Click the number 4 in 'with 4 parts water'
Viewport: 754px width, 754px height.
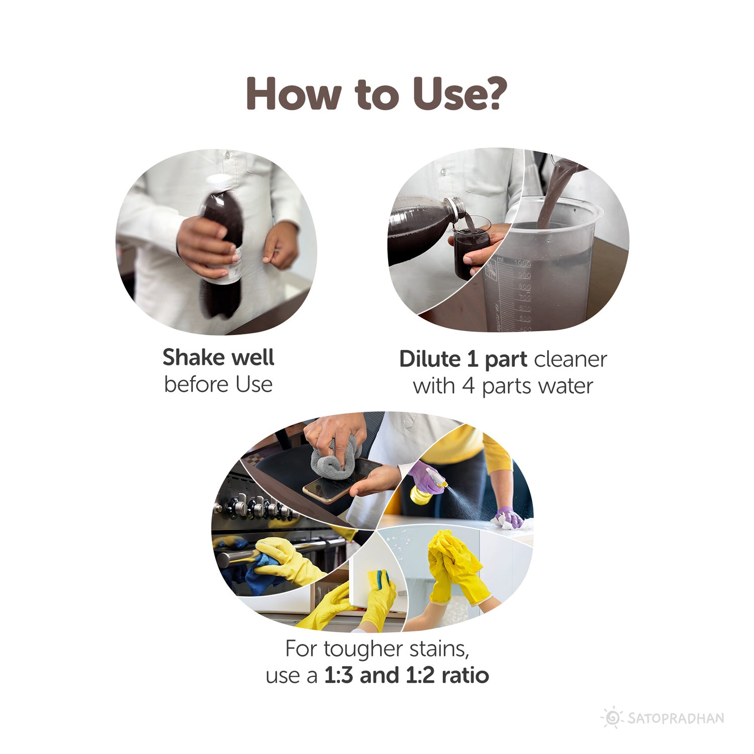(468, 386)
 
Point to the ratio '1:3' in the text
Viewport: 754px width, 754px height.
(339, 675)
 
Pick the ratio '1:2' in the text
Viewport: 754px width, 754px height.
(420, 675)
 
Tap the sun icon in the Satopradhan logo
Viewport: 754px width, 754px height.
(612, 717)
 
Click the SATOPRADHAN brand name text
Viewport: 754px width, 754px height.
(676, 718)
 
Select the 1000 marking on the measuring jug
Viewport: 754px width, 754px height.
(522, 263)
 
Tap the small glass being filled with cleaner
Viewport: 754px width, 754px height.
(472, 246)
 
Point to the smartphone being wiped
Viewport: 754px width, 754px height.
(342, 481)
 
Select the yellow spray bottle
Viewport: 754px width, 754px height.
(425, 488)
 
